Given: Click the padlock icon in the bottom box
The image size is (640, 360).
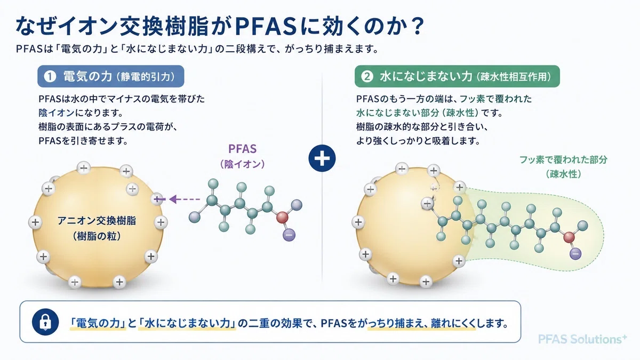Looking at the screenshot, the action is [x=45, y=322].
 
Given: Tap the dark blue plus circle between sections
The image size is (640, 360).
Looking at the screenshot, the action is [x=322, y=158].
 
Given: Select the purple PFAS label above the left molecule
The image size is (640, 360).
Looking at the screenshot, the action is [x=242, y=149].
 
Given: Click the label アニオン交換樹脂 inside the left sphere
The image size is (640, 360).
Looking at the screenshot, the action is [x=97, y=221].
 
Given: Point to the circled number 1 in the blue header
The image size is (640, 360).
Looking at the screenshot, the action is [x=50, y=76].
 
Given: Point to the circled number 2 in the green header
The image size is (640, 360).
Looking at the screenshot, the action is [x=367, y=76].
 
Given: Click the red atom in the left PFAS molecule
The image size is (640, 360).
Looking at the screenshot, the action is [x=282, y=218].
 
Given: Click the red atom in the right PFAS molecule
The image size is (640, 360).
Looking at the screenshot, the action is [x=569, y=237].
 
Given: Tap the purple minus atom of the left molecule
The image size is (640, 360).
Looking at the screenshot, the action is [x=289, y=235].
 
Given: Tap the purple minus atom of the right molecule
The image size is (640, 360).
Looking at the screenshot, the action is [x=575, y=254].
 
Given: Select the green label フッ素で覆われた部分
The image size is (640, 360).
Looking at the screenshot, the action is [x=563, y=159].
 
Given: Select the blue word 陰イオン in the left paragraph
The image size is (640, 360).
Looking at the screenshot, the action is [x=57, y=113].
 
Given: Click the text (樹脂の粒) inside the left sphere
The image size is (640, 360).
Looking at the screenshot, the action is [x=97, y=236].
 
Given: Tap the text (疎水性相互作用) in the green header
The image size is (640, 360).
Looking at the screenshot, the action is [x=514, y=77].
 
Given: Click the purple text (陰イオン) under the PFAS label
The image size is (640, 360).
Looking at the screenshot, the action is [x=242, y=164].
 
